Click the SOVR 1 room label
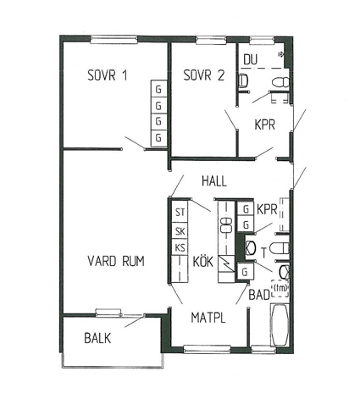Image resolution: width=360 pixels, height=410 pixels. coord(108,75)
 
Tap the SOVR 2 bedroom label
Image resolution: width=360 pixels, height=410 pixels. coord(204,75)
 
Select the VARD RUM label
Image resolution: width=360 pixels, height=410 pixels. coord(116,261)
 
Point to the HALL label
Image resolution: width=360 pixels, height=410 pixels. coord(214,181)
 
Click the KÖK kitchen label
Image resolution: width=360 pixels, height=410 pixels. coord(202,261)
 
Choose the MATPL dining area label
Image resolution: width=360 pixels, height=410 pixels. coord(208,318)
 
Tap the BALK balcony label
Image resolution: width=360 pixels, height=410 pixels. coord(97,338)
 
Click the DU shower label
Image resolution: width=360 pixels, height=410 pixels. coord(251,59)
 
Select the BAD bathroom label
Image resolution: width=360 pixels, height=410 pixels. coord(259,295)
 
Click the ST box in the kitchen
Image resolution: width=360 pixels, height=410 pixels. coord(180,212)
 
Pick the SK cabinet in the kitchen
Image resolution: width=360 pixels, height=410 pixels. coord(180,231)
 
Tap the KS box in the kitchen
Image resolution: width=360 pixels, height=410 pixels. coord(180,247)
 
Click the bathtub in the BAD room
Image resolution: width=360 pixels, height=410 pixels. coord(280,325)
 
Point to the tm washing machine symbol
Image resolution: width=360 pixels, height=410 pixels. coord(280,288)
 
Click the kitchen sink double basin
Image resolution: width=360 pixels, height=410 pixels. coord(226,225)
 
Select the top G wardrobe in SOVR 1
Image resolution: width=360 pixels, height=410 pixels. coord(158,89)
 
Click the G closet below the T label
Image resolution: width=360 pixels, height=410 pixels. coord(245,272)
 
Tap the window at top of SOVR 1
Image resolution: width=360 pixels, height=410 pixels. coord(114,40)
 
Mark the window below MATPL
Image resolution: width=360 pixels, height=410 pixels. coord(207,349)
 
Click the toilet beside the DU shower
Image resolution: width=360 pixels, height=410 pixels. coord(281,83)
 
